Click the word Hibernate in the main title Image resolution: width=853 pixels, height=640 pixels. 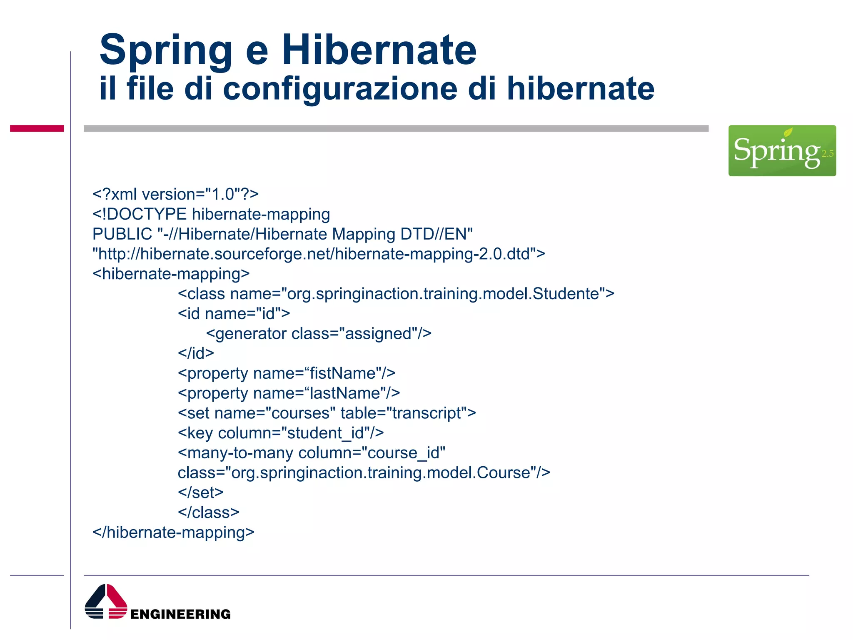pos(379,50)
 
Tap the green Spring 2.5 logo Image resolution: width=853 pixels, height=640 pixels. pos(782,150)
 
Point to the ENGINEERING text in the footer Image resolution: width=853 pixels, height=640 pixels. pos(180,614)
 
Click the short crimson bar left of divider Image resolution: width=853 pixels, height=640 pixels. pos(37,128)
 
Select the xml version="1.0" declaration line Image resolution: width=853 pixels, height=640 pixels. pos(175,195)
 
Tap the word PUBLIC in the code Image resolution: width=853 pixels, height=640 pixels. pos(122,234)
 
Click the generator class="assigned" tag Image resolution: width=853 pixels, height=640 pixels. pos(319,334)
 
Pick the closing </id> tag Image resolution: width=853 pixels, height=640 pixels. pos(196,353)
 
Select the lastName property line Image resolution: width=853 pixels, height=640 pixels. pos(289,393)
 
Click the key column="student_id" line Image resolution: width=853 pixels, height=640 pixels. pos(281,433)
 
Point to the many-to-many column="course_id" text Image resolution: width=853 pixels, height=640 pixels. pos(312,453)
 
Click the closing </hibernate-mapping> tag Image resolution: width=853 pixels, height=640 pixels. pos(173,532)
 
